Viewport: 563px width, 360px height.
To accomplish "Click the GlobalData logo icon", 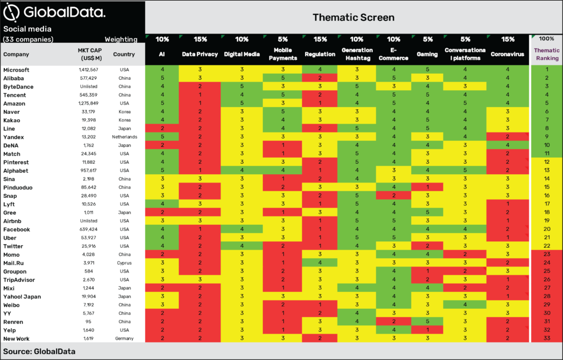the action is tap(11, 13).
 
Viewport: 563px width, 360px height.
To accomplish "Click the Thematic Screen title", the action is tap(354, 17).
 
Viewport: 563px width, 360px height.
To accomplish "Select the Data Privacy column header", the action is tap(200, 54).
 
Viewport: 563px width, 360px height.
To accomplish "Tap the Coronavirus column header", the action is tap(507, 54).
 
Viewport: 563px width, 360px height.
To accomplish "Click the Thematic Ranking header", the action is tap(547, 54).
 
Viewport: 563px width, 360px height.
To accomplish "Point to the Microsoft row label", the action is tap(16, 70).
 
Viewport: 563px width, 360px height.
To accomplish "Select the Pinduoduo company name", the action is tap(18, 187).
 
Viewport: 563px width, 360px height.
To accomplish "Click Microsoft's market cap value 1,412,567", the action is tap(89, 70).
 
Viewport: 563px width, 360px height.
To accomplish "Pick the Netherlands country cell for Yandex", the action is tap(124, 137).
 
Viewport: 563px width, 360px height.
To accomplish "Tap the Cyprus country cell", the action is tap(124, 263).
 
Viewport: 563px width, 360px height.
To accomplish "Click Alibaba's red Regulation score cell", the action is tap(319, 78).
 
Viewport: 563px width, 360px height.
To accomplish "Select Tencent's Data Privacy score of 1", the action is tap(200, 95).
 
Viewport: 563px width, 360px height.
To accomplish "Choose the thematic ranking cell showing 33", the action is tap(547, 338).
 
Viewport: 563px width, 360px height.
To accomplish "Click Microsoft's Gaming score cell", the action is tap(427, 69).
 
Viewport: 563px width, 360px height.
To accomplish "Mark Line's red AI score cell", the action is tap(162, 128).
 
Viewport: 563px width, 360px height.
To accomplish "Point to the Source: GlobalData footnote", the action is tap(39, 351).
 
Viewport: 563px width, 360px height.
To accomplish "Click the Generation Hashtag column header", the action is tap(357, 54).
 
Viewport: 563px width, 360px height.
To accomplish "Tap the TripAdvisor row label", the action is tap(19, 280).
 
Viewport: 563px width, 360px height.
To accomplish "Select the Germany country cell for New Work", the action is tap(124, 339).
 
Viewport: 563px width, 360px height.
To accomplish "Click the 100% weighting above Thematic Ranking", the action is tap(547, 39).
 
